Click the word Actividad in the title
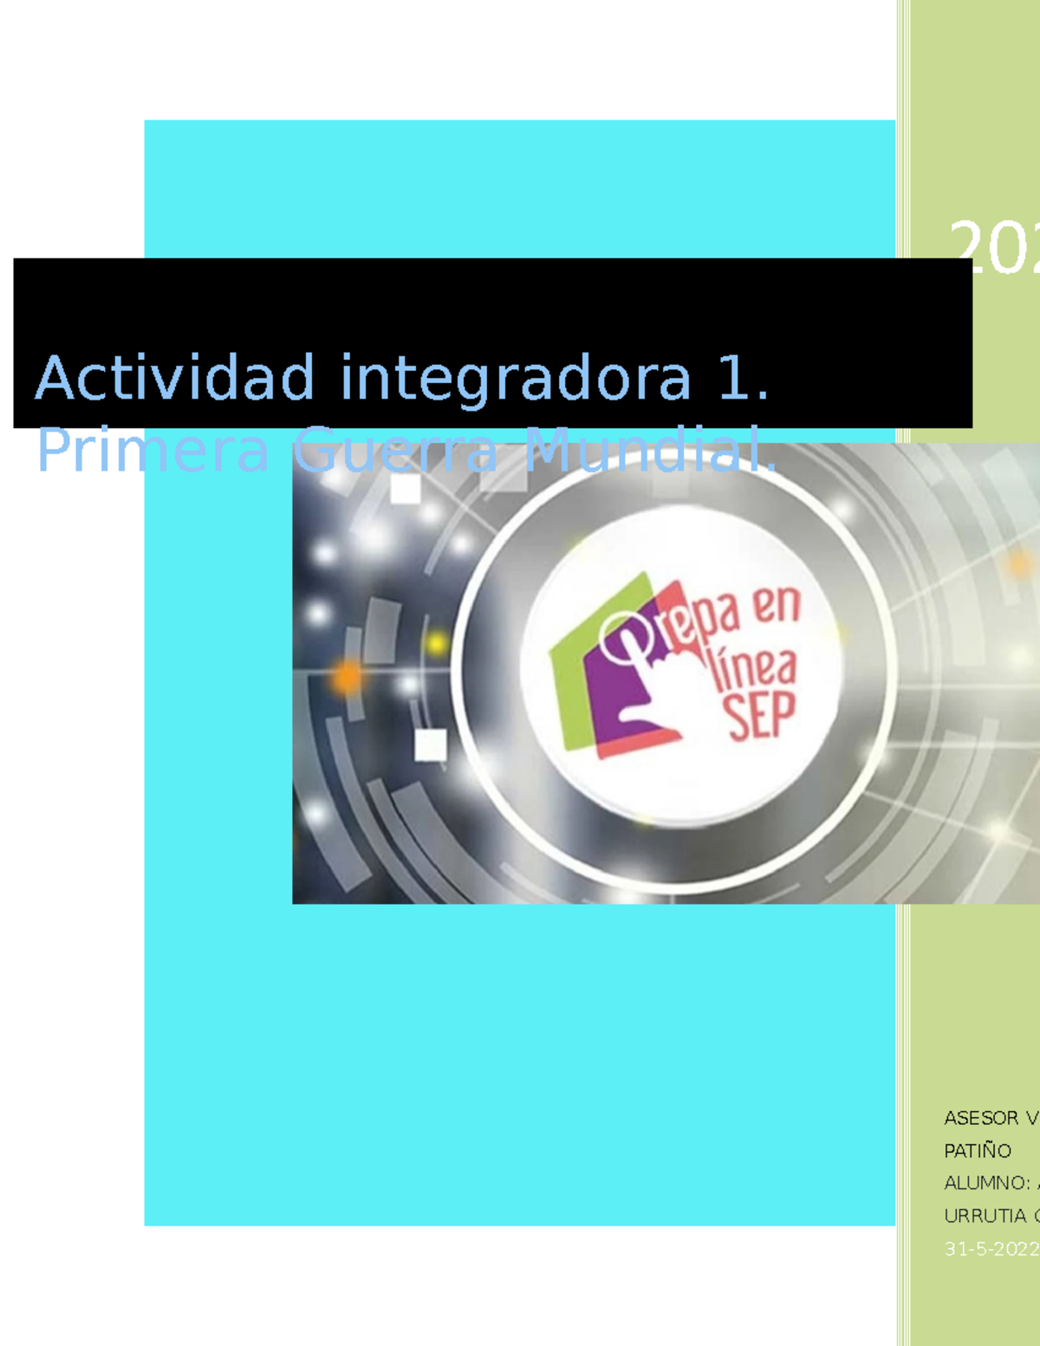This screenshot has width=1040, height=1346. pos(174,379)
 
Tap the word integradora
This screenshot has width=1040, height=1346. pos(516,379)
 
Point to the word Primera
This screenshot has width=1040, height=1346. pos(153,451)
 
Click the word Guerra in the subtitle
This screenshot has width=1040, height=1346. pos(395,451)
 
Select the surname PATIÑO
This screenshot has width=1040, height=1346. pos(978,1151)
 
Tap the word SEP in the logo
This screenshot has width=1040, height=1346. pos(760,716)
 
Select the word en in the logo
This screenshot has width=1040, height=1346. pos(777,607)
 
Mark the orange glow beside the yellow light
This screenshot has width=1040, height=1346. pos(348,676)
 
